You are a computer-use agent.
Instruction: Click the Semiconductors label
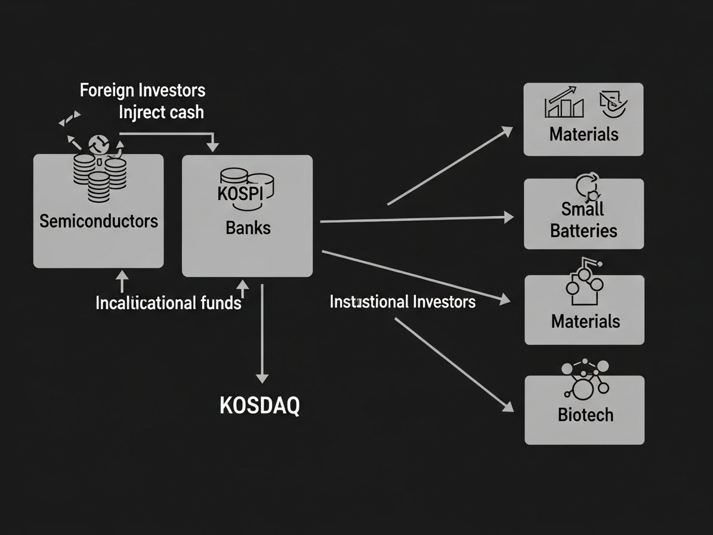coord(98,222)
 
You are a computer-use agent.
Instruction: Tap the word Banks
coord(248,227)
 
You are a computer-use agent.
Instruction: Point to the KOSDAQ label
coord(260,406)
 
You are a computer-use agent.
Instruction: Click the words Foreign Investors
coord(143,91)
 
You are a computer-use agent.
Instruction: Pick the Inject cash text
coord(161,112)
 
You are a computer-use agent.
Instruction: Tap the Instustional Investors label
coord(403,302)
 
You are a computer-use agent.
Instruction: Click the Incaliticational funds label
coord(168,303)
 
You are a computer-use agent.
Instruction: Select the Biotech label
coord(585,414)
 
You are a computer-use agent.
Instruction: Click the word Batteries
coord(584,230)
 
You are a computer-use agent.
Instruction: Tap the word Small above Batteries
coord(582,209)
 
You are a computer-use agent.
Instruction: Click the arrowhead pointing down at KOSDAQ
coord(262,378)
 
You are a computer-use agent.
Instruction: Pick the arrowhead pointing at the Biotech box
coord(508,407)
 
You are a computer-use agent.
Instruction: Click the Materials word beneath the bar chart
coord(584,134)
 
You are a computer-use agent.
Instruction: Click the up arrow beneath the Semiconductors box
coord(121,279)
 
